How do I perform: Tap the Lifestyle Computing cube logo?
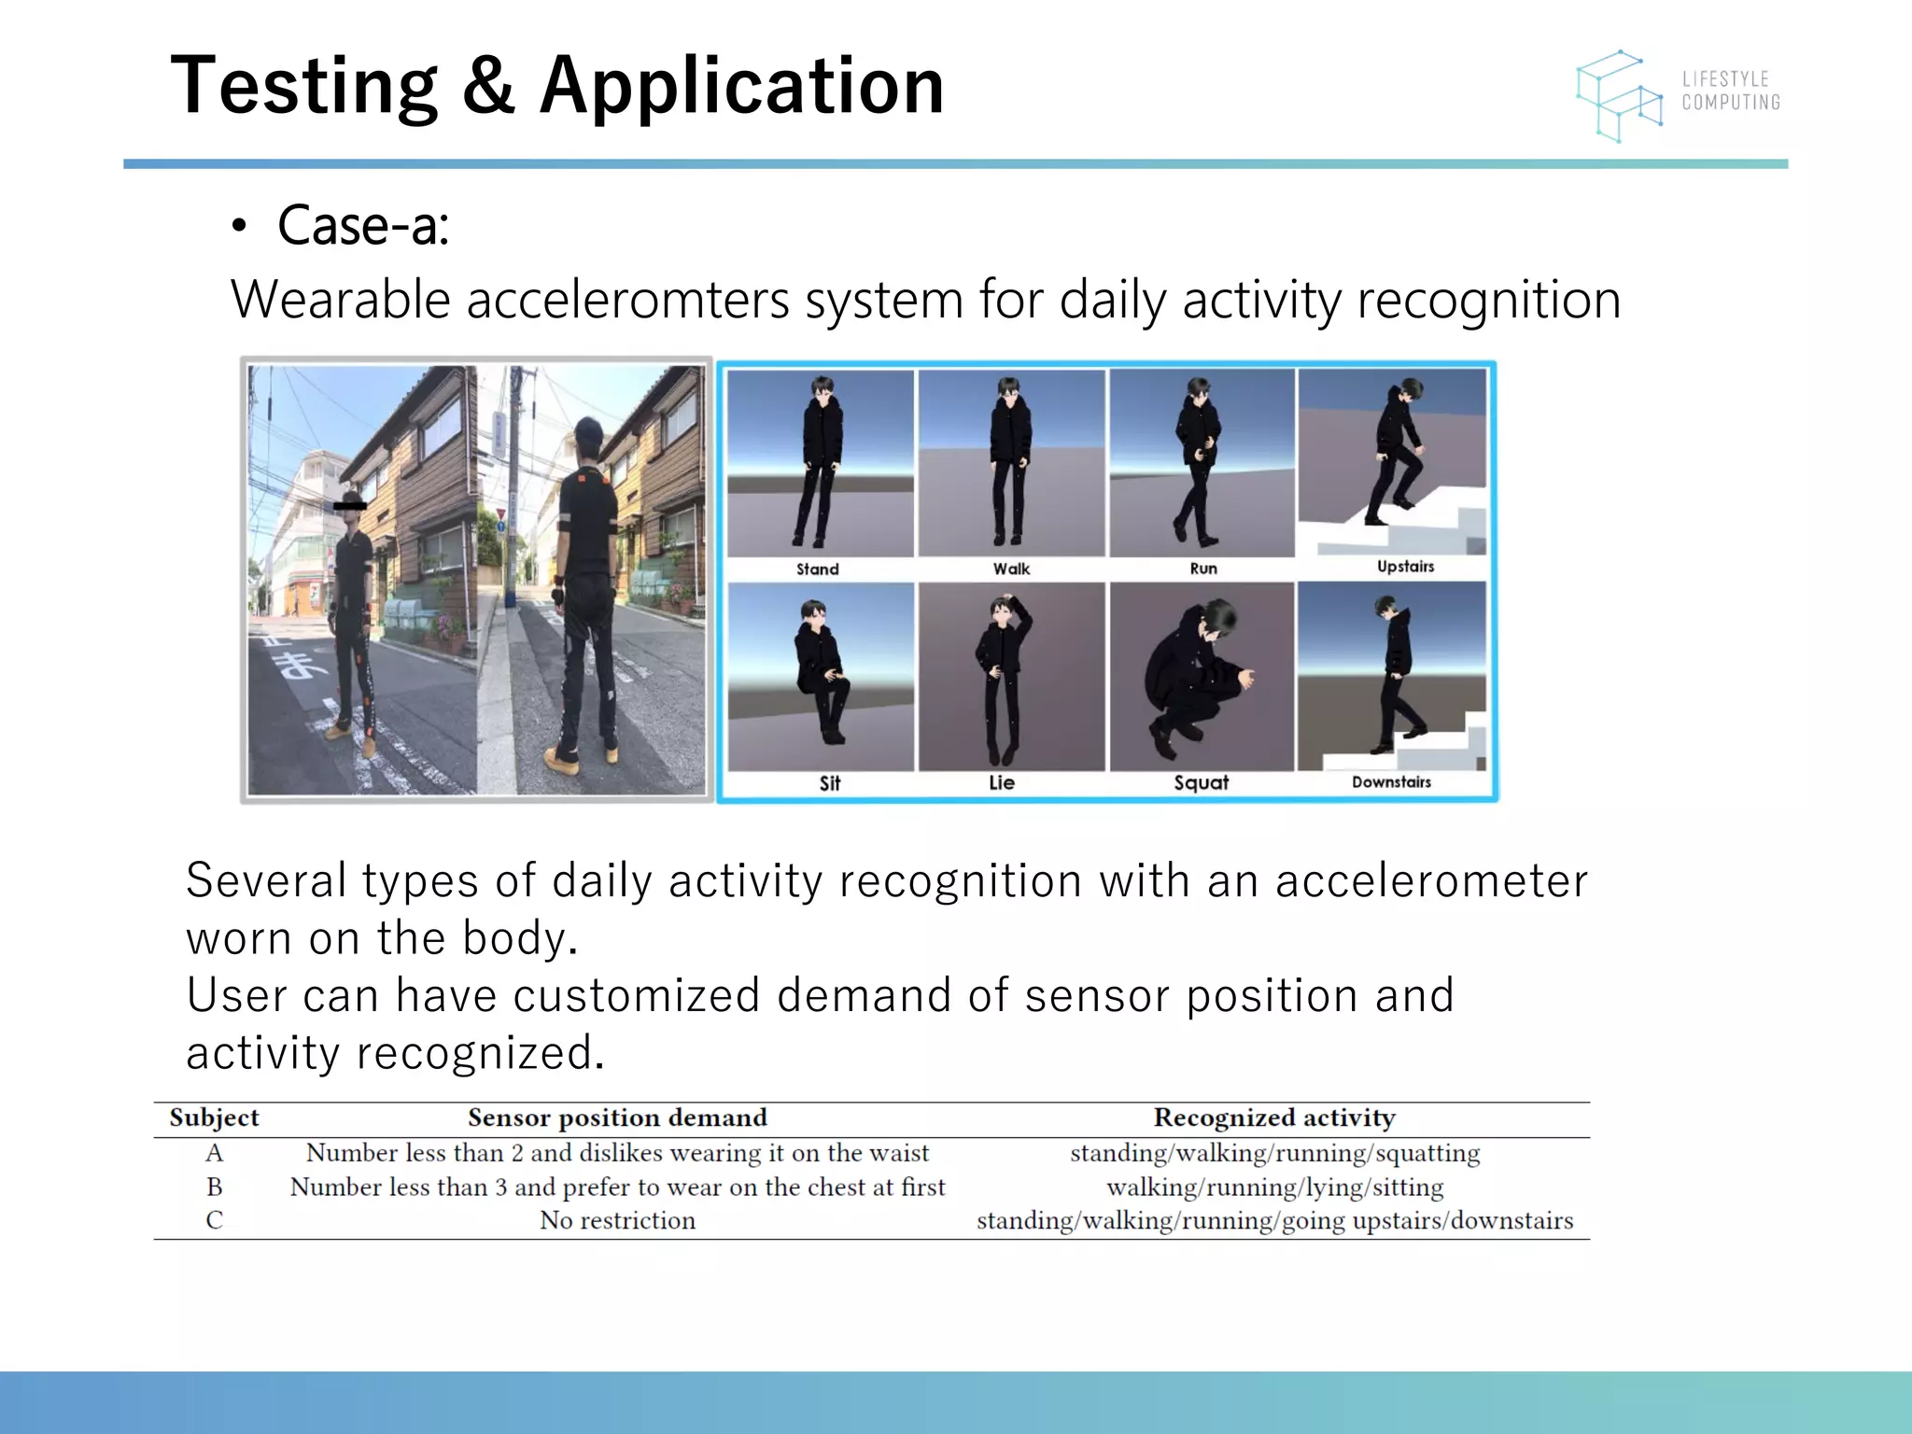[x=1619, y=96]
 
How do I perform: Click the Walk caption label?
[x=1011, y=569]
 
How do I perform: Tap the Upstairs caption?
[x=1405, y=567]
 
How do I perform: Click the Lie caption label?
[x=1002, y=782]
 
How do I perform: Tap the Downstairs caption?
[x=1391, y=781]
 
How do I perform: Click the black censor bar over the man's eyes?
[x=350, y=506]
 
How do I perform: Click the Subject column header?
[x=214, y=1118]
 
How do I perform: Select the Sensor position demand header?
[x=617, y=1118]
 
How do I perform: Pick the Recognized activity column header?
[x=1274, y=1118]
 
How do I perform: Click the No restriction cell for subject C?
[x=617, y=1220]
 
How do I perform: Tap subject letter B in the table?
[x=214, y=1187]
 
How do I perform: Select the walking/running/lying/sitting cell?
[x=1274, y=1187]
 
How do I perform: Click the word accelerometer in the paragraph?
[x=1430, y=881]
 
